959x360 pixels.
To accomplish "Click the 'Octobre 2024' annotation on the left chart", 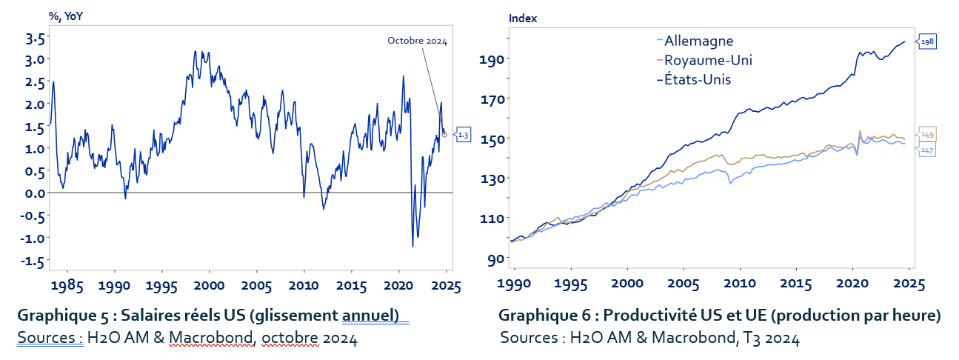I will tap(417, 41).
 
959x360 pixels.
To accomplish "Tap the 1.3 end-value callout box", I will tap(463, 134).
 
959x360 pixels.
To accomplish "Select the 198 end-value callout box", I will tap(927, 42).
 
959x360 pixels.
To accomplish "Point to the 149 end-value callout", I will tap(927, 134).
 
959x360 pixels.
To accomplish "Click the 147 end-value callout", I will tap(927, 150).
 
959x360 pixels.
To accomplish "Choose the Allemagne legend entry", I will tap(698, 41).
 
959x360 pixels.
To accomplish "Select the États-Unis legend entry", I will tap(698, 79).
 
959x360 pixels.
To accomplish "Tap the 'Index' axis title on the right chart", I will tap(523, 18).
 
